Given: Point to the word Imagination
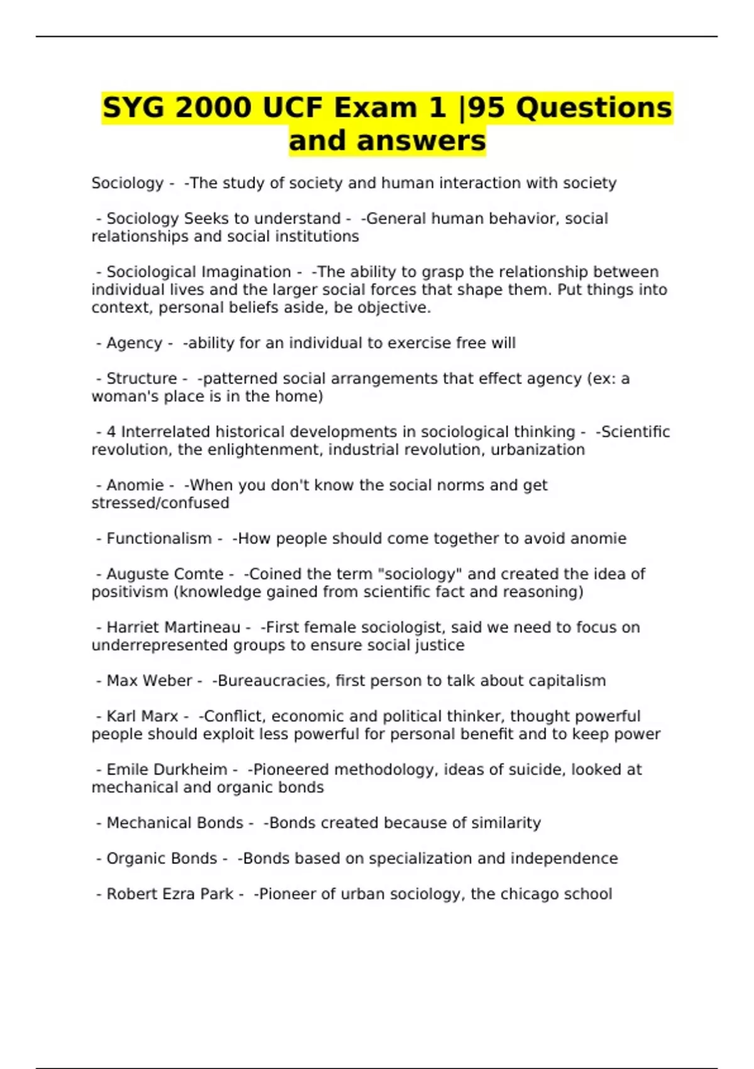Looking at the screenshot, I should pos(245,272).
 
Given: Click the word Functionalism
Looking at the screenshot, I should pos(159,538).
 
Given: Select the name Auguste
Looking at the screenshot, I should pos(133,574).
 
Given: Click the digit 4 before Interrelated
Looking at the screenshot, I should pos(111,432).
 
